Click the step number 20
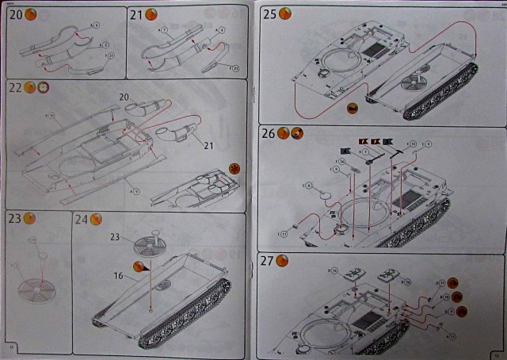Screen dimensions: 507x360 tap(15, 15)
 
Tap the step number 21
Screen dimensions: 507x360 tap(136, 15)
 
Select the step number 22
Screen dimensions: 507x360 tap(15, 87)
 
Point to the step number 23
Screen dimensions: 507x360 tap(15, 219)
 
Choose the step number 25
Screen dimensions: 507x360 tap(269, 14)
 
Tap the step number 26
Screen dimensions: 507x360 tap(269, 133)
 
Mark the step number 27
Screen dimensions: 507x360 tap(269, 261)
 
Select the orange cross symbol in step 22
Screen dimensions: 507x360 tap(234, 167)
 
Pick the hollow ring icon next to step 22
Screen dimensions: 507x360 tap(44, 87)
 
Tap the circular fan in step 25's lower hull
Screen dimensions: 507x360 tap(412, 82)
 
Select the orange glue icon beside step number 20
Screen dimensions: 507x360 tap(31, 15)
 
